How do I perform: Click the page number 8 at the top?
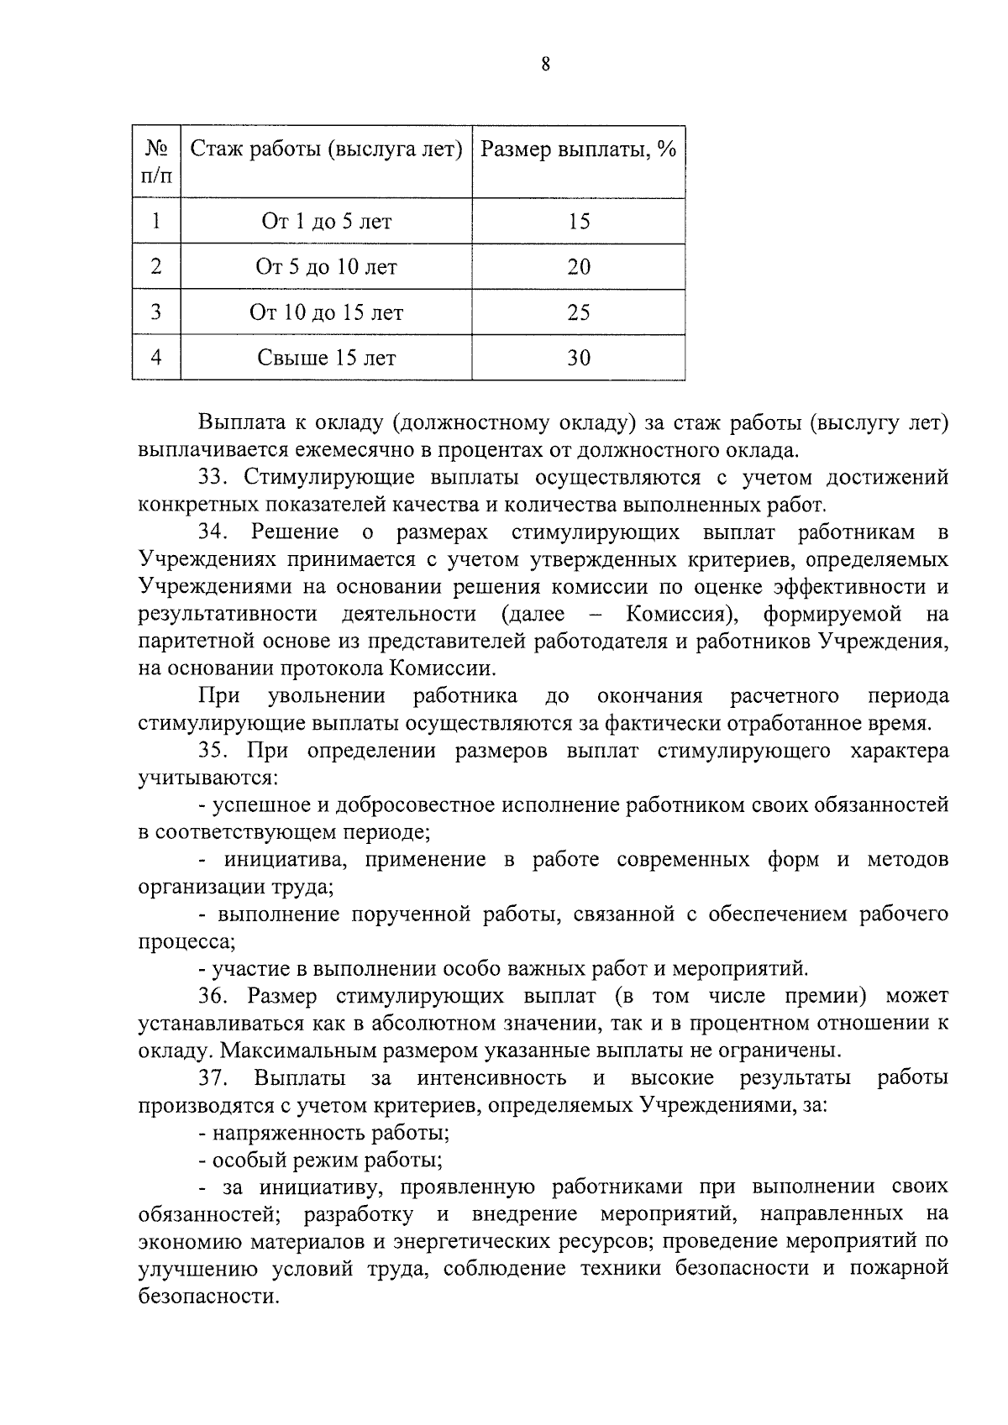545,65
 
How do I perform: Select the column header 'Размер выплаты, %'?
579,150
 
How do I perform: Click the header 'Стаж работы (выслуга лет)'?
327,150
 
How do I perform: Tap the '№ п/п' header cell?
157,162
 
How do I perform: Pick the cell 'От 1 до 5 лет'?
327,222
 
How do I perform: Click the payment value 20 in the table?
579,267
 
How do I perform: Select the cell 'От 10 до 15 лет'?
327,313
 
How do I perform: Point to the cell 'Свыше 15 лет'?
327,359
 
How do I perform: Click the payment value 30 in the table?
579,359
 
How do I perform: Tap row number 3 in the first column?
156,313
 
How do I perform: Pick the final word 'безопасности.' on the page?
208,1297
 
